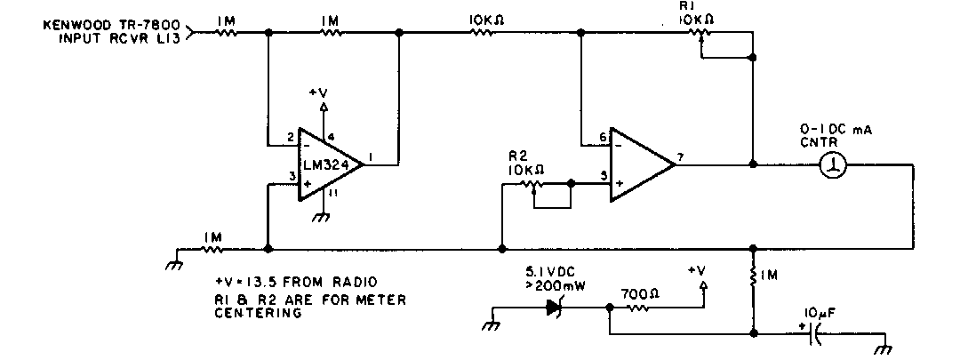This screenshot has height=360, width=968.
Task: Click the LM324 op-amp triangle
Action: click(328, 162)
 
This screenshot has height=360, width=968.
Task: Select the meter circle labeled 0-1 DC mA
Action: click(835, 164)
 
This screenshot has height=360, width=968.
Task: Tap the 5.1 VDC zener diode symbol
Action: click(557, 308)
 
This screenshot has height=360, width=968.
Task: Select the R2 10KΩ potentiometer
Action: click(532, 186)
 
